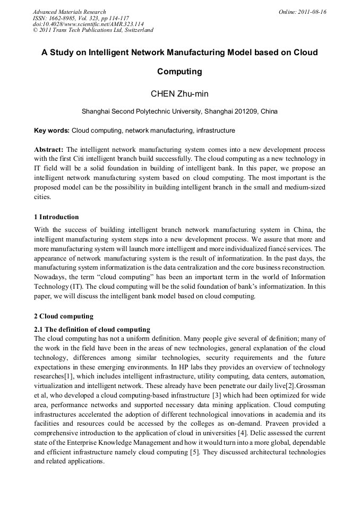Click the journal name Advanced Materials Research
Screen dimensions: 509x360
pos(69,12)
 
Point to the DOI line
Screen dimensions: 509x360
pos(88,24)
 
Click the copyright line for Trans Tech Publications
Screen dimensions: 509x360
pos(93,30)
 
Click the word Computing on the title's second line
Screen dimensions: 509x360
pos(179,71)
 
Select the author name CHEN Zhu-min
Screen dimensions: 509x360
pos(179,94)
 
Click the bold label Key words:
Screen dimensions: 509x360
pos(52,131)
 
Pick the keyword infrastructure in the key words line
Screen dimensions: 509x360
pos(216,131)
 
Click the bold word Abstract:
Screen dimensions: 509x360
pos(49,150)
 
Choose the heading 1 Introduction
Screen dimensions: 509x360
pos(56,217)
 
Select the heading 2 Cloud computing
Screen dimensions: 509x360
pos(64,316)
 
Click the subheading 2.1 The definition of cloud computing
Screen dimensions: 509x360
pos(92,330)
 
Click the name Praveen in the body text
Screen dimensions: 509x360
pos(266,424)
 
